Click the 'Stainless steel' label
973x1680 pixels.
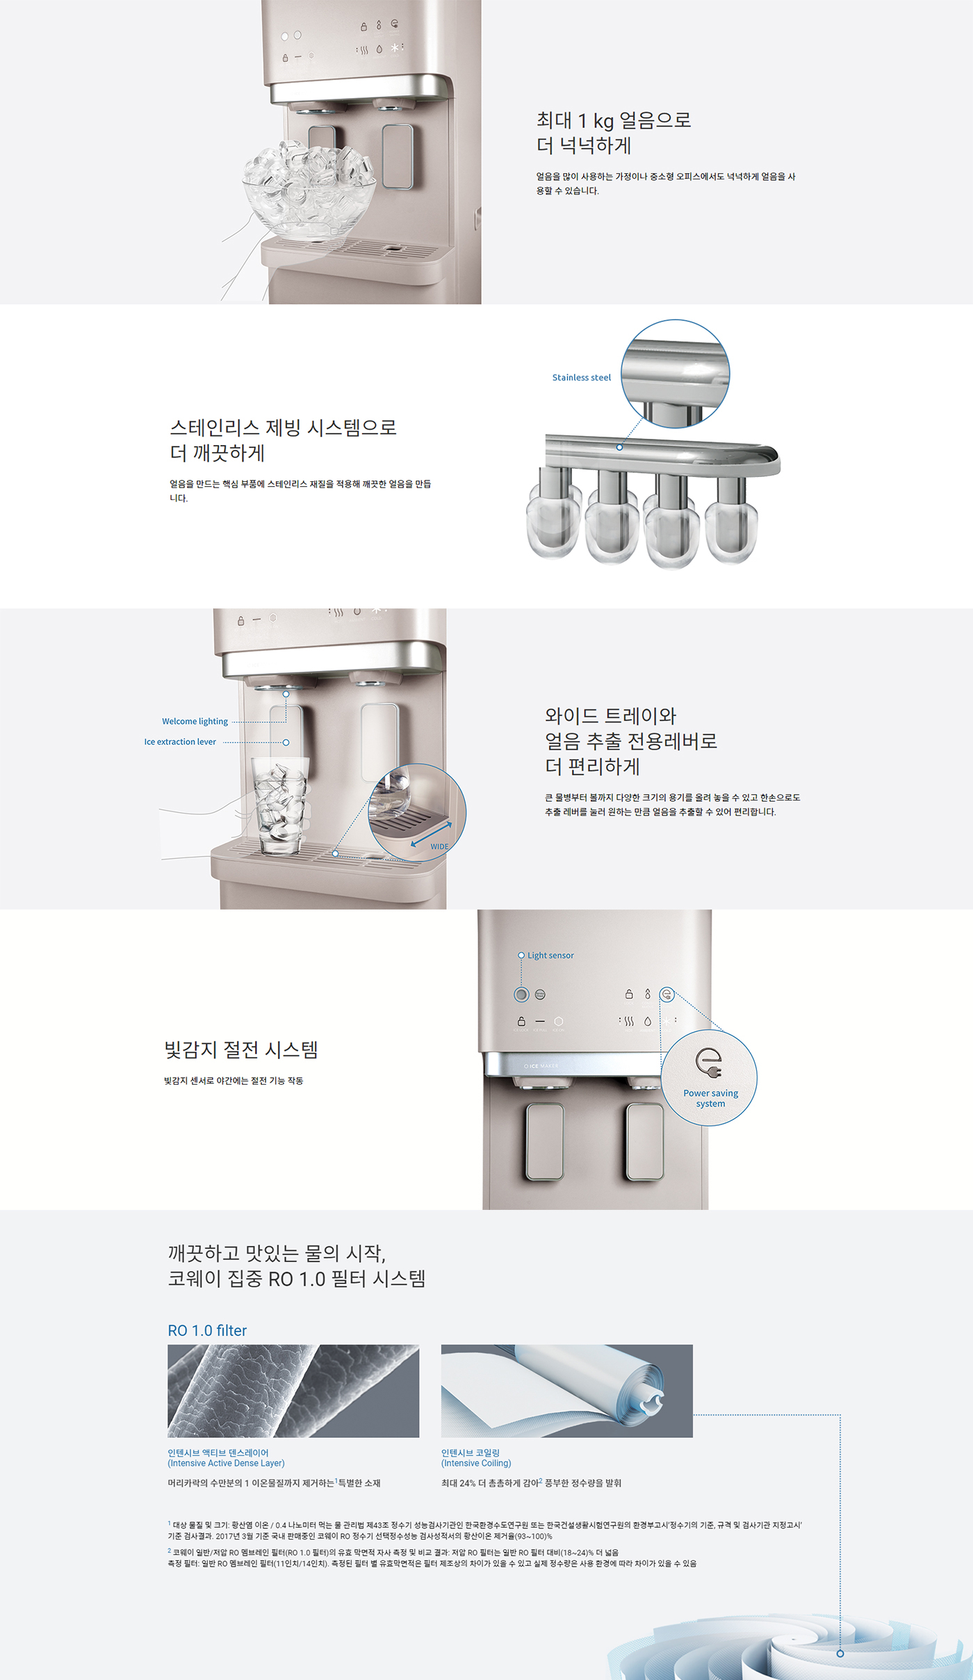click(x=581, y=378)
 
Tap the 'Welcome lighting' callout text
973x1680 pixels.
click(x=195, y=721)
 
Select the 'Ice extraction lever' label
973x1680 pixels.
click(x=180, y=742)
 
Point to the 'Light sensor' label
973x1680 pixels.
click(x=550, y=955)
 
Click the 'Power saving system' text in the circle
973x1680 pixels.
click(x=710, y=1098)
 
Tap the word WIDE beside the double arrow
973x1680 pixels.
click(x=439, y=846)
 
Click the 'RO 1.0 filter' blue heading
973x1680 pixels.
click(x=207, y=1330)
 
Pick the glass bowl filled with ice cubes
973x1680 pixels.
click(x=309, y=188)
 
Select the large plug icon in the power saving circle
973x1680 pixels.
click(x=709, y=1062)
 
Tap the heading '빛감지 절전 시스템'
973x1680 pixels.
click(x=241, y=1049)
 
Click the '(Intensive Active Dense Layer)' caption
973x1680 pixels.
click(x=226, y=1463)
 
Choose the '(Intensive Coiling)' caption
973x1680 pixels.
click(x=476, y=1463)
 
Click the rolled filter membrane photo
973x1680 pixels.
click(x=566, y=1391)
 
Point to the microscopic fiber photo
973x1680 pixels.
click(x=293, y=1391)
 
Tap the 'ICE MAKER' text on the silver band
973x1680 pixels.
click(x=542, y=1066)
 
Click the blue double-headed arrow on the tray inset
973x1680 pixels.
click(x=431, y=834)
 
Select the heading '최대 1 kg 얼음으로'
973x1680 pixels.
click(x=613, y=120)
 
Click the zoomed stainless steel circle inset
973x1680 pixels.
click(x=675, y=373)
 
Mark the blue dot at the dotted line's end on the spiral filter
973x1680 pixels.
click(x=840, y=1654)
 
